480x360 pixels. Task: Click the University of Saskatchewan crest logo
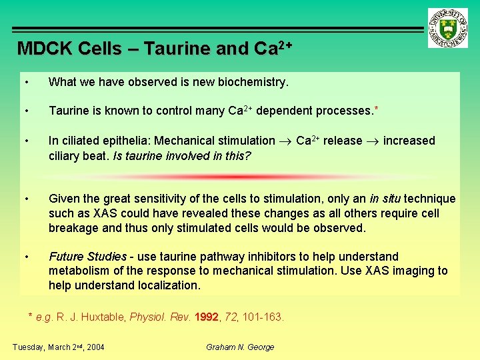(448, 27)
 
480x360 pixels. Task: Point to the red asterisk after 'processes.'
(377, 109)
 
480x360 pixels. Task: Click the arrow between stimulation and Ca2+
(285, 141)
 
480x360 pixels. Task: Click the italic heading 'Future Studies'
(87, 257)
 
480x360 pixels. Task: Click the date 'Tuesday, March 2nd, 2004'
(59, 347)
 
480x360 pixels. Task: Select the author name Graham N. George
(240, 347)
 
